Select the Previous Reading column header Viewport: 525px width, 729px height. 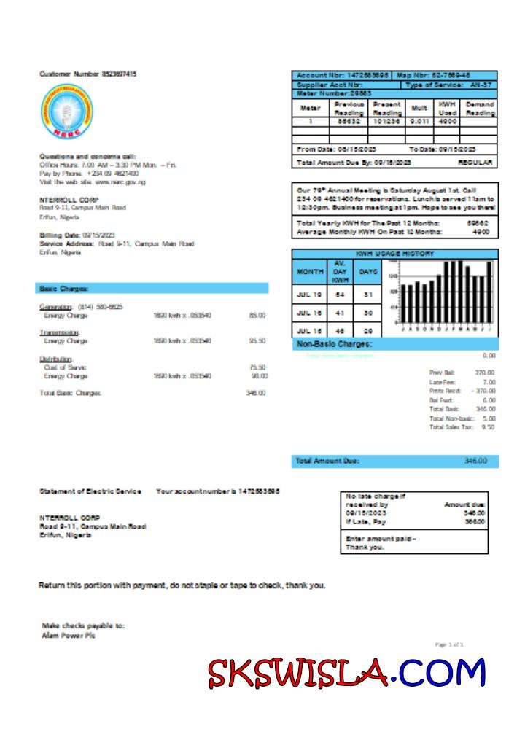click(349, 109)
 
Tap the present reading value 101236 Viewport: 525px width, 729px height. click(387, 122)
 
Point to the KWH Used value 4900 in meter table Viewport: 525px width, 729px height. click(446, 122)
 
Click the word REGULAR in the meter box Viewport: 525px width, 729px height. click(475, 162)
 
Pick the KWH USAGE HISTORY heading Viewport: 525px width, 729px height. click(394, 254)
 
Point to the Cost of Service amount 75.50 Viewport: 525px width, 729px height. click(257, 367)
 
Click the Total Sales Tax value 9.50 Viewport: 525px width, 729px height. click(488, 427)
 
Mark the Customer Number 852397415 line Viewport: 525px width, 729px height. click(88, 74)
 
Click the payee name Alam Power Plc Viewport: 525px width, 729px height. click(69, 635)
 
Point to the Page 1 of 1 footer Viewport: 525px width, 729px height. click(449, 644)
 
